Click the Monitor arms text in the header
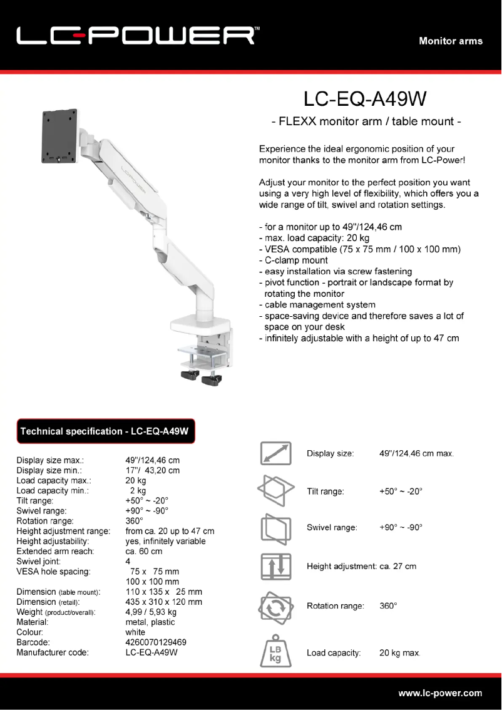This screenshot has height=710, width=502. click(451, 41)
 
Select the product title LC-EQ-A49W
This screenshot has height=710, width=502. click(366, 98)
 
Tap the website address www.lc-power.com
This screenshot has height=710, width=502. click(440, 692)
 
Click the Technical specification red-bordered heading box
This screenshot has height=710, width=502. click(106, 431)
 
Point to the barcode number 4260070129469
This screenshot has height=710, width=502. click(156, 642)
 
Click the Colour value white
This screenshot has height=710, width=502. click(136, 632)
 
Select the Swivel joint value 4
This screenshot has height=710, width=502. click(128, 562)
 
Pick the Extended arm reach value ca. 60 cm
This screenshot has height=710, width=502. click(144, 552)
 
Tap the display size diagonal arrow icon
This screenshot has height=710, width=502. click(276, 453)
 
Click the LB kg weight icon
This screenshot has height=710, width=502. click(275, 652)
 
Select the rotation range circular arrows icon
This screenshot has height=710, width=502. click(275, 606)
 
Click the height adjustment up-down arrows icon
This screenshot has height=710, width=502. click(276, 566)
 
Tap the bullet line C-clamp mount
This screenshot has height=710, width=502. click(293, 260)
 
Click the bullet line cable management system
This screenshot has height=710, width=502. click(317, 305)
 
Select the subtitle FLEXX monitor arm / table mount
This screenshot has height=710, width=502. click(366, 121)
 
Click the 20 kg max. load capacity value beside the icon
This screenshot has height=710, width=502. click(399, 653)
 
